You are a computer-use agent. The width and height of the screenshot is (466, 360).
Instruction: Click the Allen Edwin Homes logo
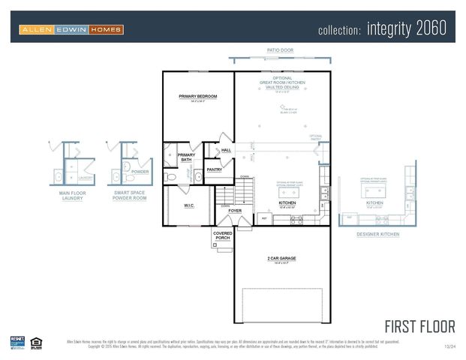point(71,30)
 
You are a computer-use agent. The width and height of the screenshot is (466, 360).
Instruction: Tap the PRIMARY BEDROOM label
point(197,97)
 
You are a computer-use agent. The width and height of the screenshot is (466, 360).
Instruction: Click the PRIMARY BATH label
point(186,157)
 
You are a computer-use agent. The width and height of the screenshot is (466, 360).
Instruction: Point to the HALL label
point(226,150)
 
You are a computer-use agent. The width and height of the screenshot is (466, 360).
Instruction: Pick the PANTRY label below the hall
point(215,169)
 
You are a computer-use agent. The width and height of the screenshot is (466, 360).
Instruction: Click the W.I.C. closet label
point(189,205)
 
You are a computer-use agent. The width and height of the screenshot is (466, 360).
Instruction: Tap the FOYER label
point(235,211)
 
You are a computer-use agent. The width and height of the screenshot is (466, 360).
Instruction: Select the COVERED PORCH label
point(222,235)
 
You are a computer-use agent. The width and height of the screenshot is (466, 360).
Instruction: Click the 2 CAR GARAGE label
point(282,258)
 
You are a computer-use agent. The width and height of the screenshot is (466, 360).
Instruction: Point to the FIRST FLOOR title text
point(419,326)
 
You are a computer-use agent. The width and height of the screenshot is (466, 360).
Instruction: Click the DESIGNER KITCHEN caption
point(377,234)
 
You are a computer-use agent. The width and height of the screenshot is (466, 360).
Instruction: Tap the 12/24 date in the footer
point(449,346)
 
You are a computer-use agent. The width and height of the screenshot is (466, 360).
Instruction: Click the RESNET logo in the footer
point(17,342)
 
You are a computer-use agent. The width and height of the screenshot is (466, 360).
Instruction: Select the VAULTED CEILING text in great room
point(281,87)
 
